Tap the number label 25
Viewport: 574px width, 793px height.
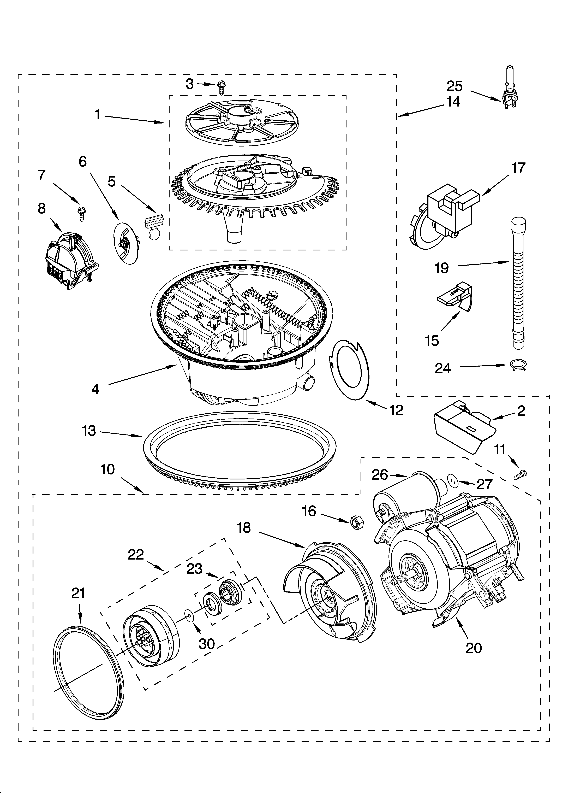[x=454, y=86]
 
